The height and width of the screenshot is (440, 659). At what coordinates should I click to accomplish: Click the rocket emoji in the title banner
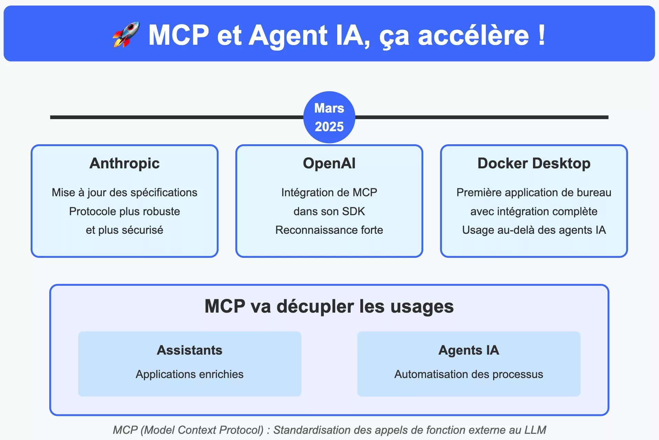tap(126, 34)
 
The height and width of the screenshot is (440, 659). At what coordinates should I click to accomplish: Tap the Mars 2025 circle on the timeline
tap(329, 117)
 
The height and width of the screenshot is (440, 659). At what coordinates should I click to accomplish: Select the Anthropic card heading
tap(125, 163)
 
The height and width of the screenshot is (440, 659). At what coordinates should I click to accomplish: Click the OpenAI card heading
tap(329, 163)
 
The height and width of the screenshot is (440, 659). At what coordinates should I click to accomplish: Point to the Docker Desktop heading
tap(534, 163)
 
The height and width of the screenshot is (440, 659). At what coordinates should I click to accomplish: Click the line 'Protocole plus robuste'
tap(125, 211)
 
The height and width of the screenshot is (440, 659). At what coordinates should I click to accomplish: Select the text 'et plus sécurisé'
tap(125, 230)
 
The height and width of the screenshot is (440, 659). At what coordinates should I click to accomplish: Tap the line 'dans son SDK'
tap(329, 211)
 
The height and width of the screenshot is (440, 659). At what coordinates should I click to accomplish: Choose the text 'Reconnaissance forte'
tap(329, 230)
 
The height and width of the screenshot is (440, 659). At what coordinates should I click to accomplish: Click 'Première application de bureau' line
tap(534, 192)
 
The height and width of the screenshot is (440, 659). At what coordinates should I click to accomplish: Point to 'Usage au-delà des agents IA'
tap(534, 230)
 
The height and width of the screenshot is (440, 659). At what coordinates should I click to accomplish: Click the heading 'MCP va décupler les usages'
tap(329, 306)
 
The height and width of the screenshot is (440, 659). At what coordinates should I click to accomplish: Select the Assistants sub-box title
tap(190, 350)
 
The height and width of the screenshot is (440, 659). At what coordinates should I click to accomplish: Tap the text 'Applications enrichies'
tap(190, 374)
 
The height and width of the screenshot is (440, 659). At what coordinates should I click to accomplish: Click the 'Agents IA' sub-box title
tap(469, 350)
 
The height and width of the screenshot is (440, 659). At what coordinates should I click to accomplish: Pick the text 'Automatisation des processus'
tap(469, 374)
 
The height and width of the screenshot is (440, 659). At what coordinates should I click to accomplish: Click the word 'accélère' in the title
tap(474, 35)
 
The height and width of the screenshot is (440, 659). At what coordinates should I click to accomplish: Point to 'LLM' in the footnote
tap(535, 430)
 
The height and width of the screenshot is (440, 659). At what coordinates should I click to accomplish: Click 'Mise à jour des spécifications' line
tap(125, 192)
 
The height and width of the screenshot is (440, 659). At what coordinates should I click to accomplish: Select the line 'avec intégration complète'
tap(534, 211)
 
